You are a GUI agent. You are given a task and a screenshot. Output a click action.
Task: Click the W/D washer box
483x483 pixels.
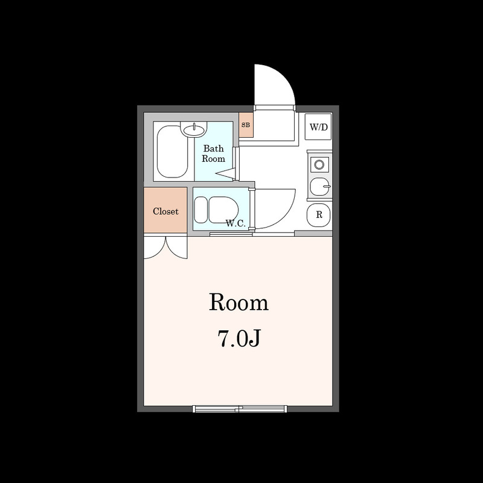[x=319, y=127]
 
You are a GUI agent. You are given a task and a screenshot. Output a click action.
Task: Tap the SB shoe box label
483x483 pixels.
[x=246, y=125]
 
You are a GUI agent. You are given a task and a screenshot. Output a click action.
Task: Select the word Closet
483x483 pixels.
[x=165, y=211]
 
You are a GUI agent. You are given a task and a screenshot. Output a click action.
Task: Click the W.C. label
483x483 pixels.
[x=235, y=223]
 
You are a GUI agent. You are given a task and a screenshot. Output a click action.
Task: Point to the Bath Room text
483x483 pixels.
[x=214, y=153]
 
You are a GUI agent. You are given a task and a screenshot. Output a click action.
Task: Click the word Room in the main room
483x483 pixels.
[x=238, y=302]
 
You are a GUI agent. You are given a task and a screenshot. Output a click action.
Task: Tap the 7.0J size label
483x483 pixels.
[x=239, y=338]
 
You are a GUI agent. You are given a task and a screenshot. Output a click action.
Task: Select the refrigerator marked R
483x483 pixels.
[x=319, y=215]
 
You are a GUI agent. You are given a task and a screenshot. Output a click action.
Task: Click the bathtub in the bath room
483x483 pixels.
[x=173, y=152]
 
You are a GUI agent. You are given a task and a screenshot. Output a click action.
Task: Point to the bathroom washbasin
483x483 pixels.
[x=194, y=129]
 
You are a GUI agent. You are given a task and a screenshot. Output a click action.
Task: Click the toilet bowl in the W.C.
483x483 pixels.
[x=223, y=210]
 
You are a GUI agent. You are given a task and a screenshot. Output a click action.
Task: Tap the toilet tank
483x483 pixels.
[x=201, y=210]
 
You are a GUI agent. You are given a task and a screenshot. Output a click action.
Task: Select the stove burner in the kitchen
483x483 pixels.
[x=319, y=164]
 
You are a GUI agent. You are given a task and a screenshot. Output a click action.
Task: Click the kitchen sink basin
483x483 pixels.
[x=319, y=187]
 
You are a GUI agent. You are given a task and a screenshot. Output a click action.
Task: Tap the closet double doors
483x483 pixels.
[x=165, y=248]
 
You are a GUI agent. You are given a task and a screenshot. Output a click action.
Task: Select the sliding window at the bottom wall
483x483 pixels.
[x=240, y=409]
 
